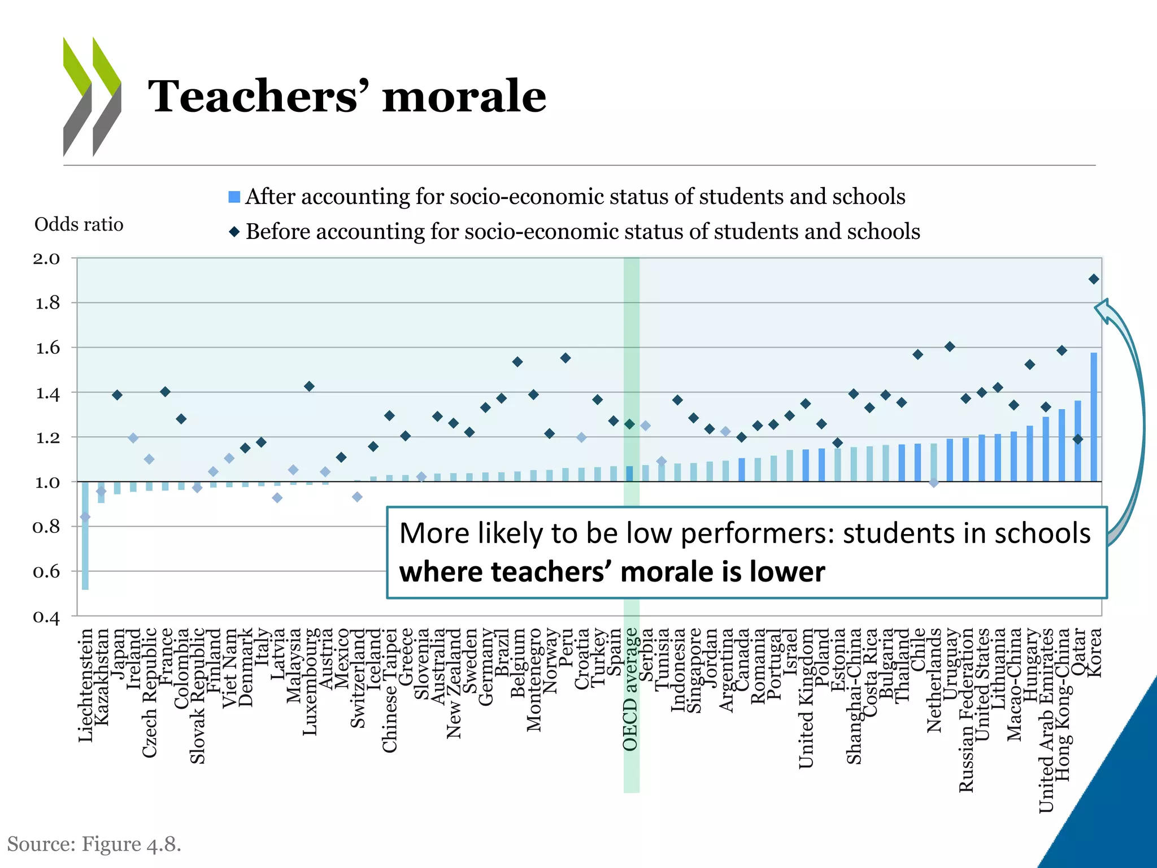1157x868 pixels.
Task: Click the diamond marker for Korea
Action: coord(1094,279)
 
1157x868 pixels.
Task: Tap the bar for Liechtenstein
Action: coord(85,535)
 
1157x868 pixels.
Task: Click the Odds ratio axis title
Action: coord(79,225)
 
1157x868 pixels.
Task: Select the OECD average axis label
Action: coord(630,689)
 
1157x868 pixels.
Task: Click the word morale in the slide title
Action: coord(464,96)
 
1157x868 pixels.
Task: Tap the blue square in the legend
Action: coord(234,197)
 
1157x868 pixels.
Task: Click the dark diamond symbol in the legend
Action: coord(234,232)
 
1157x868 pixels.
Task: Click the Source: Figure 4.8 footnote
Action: coord(94,844)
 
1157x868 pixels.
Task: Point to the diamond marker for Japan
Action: coord(117,395)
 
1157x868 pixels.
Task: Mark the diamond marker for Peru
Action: coord(565,358)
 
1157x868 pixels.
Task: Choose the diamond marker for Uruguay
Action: coord(950,346)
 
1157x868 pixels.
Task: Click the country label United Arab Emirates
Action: coord(1046,721)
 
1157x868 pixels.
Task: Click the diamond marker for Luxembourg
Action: coord(309,387)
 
